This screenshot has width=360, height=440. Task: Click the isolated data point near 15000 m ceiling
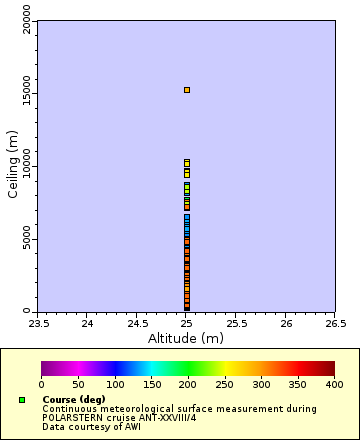(186, 90)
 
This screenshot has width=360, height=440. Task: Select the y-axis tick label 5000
(27, 239)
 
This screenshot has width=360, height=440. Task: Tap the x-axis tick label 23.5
(38, 323)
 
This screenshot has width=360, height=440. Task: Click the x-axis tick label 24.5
(137, 323)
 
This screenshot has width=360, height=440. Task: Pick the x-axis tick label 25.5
(236, 323)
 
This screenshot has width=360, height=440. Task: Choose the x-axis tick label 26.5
(335, 323)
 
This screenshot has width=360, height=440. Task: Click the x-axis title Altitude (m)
(186, 338)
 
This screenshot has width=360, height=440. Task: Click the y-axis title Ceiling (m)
(13, 166)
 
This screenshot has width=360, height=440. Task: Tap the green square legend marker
(21, 400)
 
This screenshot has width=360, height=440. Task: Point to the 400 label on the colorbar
(334, 384)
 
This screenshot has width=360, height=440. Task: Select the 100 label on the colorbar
(115, 384)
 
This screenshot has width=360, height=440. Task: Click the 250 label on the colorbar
(224, 384)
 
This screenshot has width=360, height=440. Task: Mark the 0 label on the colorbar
(41, 384)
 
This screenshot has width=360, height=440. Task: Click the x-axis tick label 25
(186, 323)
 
